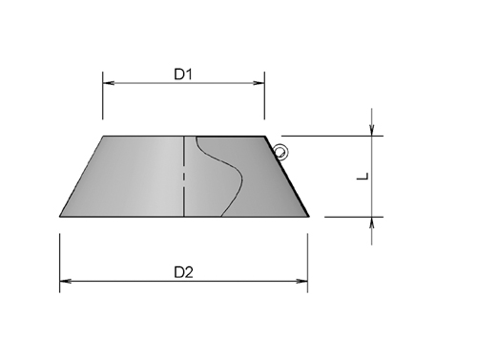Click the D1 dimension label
184,73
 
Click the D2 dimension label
184,271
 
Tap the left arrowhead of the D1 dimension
108,84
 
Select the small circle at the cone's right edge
280,150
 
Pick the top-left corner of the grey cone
103,137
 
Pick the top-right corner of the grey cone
264,137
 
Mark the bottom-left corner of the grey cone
60,216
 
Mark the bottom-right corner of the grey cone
307,216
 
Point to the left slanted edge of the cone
81,177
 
